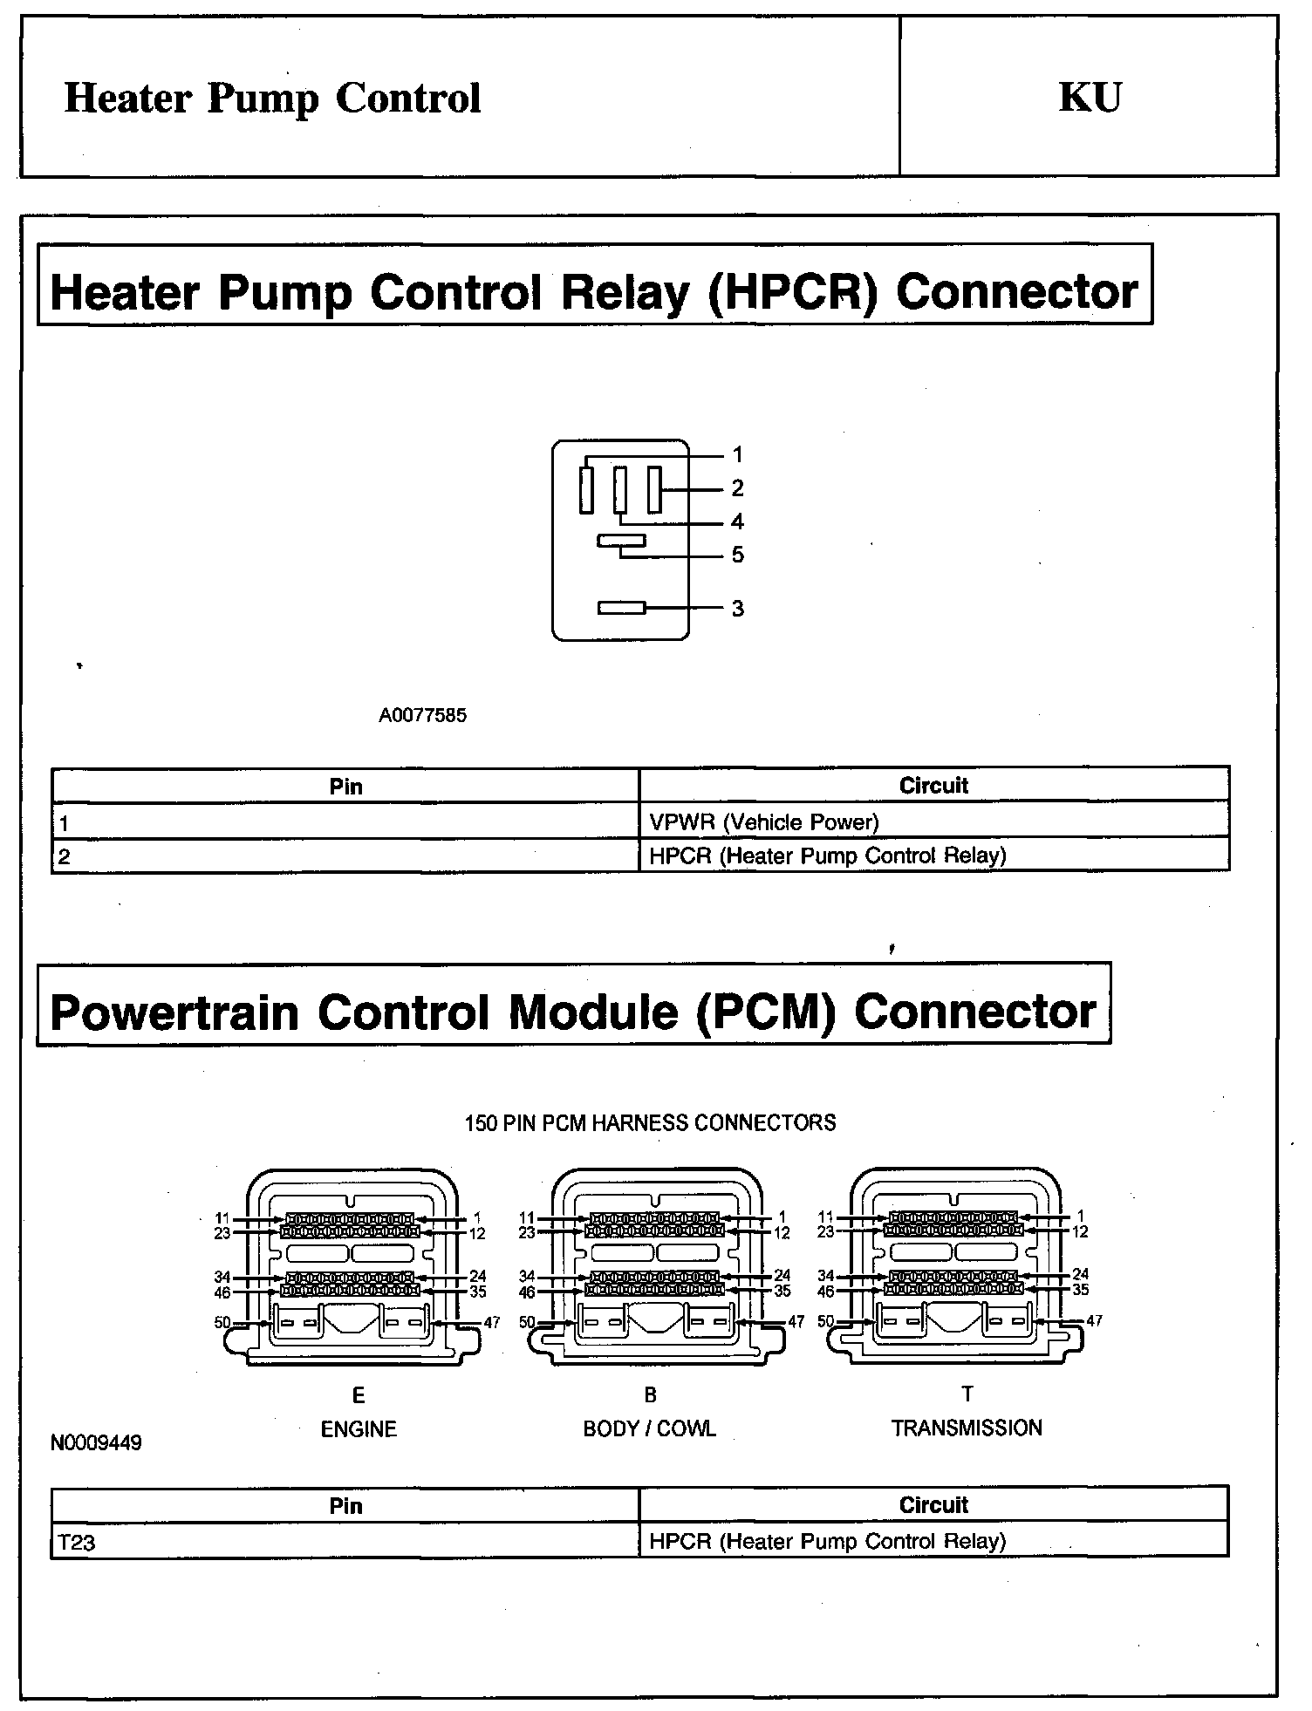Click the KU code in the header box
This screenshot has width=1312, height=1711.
pos(1090,98)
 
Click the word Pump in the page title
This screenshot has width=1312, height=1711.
pos(263,99)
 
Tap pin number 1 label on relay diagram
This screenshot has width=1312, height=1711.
pos(738,454)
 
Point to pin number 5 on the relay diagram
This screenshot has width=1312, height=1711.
pos(738,556)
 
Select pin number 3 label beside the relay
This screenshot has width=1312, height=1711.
pos(738,609)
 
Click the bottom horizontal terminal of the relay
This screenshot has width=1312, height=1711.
pos(621,608)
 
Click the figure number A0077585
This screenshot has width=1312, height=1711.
pos(422,715)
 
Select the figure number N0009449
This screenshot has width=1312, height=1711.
pos(96,1443)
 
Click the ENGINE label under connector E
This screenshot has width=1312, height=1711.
pos(359,1429)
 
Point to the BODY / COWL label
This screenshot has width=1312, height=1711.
pos(649,1429)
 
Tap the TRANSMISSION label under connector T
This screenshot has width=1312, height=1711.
pos(967,1428)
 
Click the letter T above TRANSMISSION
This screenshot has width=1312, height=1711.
pos(967,1394)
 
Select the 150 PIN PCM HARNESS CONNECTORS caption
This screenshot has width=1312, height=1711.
pos(650,1122)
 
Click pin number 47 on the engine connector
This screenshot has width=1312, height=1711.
pos(492,1322)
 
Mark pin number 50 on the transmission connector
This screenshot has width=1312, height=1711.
pos(826,1320)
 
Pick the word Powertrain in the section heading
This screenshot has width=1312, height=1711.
pos(174,1012)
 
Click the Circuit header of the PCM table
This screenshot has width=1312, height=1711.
pos(933,1504)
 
